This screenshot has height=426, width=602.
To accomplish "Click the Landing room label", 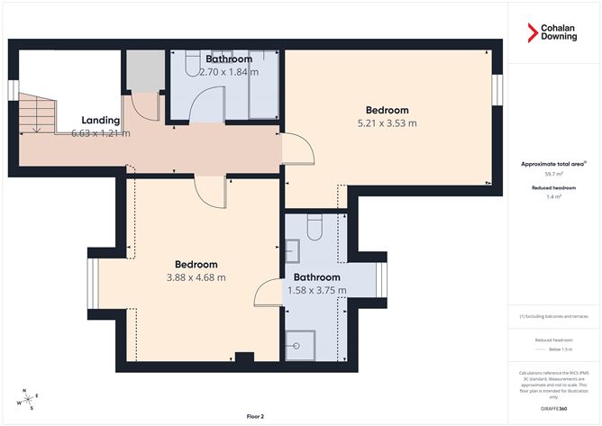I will (x=100, y=120).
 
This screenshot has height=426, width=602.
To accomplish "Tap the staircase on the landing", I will (x=36, y=113).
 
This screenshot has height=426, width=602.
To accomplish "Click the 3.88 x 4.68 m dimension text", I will (x=195, y=277).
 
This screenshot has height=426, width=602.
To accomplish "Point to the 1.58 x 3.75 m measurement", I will (x=315, y=290).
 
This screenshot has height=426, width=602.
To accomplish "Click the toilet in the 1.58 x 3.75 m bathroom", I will (x=315, y=229).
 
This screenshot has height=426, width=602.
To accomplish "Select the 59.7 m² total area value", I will (x=553, y=173).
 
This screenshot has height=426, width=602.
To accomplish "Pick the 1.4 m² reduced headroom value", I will (x=553, y=196).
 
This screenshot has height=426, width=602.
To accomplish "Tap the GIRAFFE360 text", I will (x=553, y=408).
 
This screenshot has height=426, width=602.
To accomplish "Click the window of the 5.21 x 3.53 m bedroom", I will (x=496, y=90).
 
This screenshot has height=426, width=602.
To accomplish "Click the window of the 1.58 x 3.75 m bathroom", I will (x=380, y=279).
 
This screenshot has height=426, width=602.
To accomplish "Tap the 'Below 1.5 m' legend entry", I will (x=553, y=348).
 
